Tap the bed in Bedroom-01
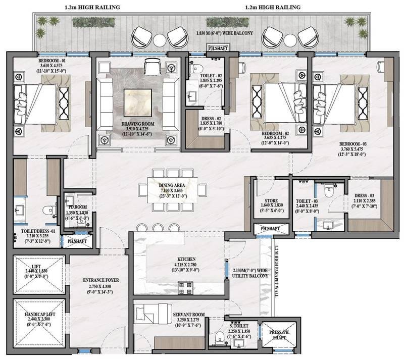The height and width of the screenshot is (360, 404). tap(35, 99)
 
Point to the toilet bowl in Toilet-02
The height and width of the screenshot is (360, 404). tap(198, 68)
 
